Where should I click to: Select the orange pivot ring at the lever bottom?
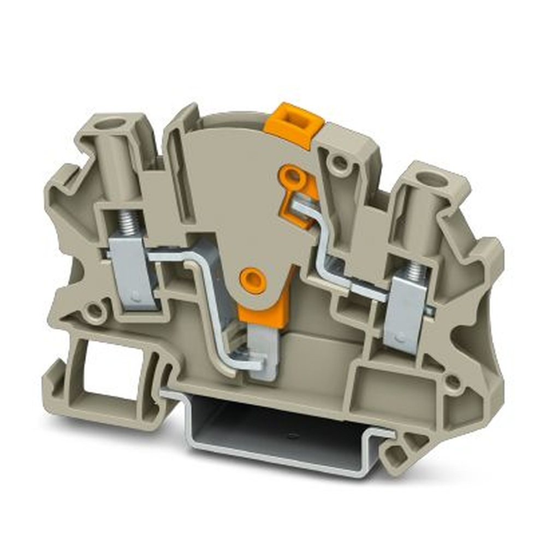pos(253,279)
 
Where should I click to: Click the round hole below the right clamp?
pos(452,382)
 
